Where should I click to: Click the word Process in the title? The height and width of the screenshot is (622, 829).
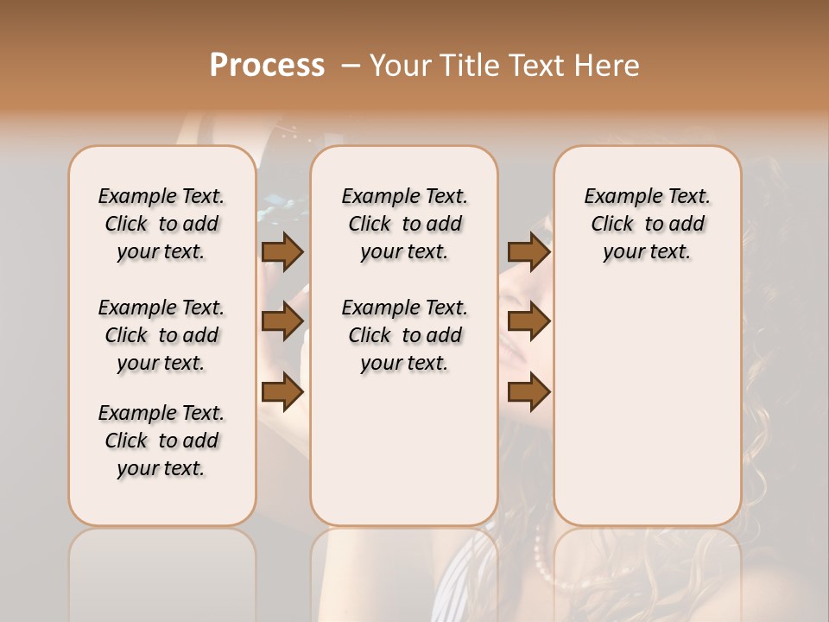[x=267, y=66]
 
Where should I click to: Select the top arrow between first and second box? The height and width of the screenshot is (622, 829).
[x=282, y=251]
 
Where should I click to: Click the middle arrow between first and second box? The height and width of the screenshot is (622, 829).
[x=282, y=321]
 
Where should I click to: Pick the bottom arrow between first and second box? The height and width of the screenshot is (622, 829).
[x=282, y=392]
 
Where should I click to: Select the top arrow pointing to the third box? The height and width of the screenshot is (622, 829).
[x=528, y=251]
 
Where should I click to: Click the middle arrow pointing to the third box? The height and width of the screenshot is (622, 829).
[x=528, y=321]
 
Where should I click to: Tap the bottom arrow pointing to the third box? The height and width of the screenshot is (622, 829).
[x=528, y=392]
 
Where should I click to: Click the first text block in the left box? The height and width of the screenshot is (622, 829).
[x=161, y=224]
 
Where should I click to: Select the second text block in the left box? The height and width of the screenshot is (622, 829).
[x=161, y=335]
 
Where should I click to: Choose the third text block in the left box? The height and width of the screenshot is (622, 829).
[x=161, y=441]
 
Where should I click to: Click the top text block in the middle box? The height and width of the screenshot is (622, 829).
[x=404, y=224]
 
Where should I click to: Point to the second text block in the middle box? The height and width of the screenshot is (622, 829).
[x=404, y=335]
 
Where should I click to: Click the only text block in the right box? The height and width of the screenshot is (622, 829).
[x=647, y=224]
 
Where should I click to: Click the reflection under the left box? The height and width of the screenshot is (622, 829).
[x=161, y=570]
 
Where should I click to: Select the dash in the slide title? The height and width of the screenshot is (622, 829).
[x=351, y=66]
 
